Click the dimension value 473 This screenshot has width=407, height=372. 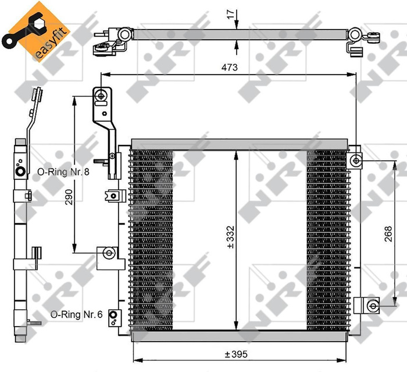(x=229, y=68)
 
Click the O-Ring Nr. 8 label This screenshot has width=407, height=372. (x=62, y=172)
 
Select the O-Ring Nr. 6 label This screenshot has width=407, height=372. (x=76, y=314)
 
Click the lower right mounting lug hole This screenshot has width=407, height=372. (x=373, y=304)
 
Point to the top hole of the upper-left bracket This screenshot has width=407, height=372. (x=102, y=94)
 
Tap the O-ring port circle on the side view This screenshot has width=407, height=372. (x=20, y=172)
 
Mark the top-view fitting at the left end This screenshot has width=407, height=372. (x=109, y=40)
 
